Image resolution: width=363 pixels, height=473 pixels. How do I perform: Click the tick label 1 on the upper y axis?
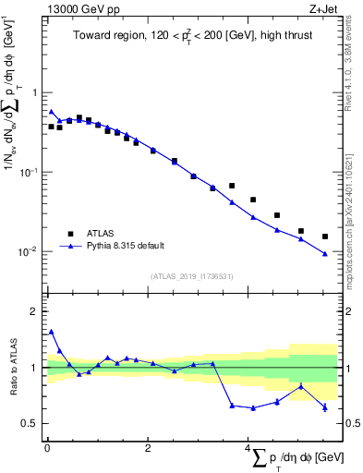coord(35,93)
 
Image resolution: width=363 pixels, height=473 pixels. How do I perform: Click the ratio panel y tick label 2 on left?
coord(35,311)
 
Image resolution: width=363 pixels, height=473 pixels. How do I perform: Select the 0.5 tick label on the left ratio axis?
coord(30,423)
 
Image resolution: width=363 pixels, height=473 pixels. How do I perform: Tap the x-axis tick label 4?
coord(248,448)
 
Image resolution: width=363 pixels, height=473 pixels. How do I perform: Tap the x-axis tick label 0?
coord(47,448)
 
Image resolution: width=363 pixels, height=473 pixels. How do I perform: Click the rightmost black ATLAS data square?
coord(324,236)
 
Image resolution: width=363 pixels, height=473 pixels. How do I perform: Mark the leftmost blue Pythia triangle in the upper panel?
coord(51,112)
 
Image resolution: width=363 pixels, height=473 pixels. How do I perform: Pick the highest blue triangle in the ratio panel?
coord(51,331)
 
